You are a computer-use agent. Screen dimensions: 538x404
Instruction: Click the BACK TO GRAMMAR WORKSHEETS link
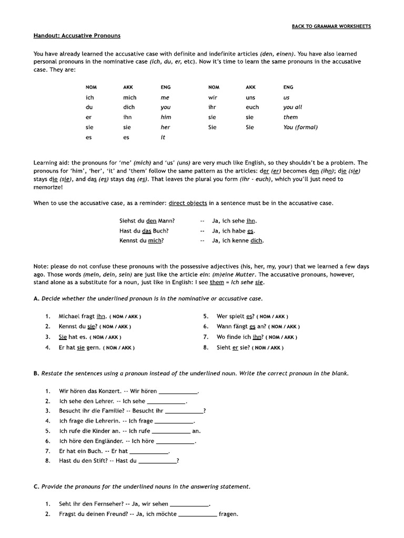pyautogui.click(x=331, y=26)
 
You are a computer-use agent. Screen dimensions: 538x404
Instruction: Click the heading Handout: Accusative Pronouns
pyautogui.click(x=77, y=36)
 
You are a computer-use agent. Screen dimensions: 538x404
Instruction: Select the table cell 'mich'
pyautogui.click(x=129, y=97)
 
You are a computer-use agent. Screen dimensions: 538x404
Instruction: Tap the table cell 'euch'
pyautogui.click(x=252, y=107)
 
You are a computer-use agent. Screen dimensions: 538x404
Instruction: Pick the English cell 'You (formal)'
pyautogui.click(x=300, y=127)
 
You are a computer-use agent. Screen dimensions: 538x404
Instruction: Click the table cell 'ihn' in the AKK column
pyautogui.click(x=127, y=117)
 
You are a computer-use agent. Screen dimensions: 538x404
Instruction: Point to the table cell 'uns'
pyautogui.click(x=250, y=97)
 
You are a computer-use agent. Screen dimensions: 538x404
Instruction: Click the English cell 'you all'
pyautogui.click(x=292, y=107)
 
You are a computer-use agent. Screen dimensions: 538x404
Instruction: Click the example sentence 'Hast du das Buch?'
pyautogui.click(x=144, y=231)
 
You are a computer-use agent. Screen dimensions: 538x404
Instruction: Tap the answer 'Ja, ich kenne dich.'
pyautogui.click(x=238, y=241)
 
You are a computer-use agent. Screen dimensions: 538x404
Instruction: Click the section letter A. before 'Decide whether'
pyautogui.click(x=36, y=298)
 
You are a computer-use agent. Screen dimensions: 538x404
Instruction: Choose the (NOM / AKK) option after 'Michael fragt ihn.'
pyautogui.click(x=125, y=317)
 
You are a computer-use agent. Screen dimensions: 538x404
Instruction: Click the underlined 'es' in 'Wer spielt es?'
pyautogui.click(x=251, y=316)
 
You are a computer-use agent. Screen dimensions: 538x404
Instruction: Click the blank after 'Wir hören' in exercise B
pyautogui.click(x=178, y=391)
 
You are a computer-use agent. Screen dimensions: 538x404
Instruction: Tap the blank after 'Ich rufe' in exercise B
pyautogui.click(x=171, y=431)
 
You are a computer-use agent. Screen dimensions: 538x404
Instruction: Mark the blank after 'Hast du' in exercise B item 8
pyautogui.click(x=157, y=461)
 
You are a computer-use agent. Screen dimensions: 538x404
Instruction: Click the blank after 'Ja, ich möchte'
pyautogui.click(x=197, y=514)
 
